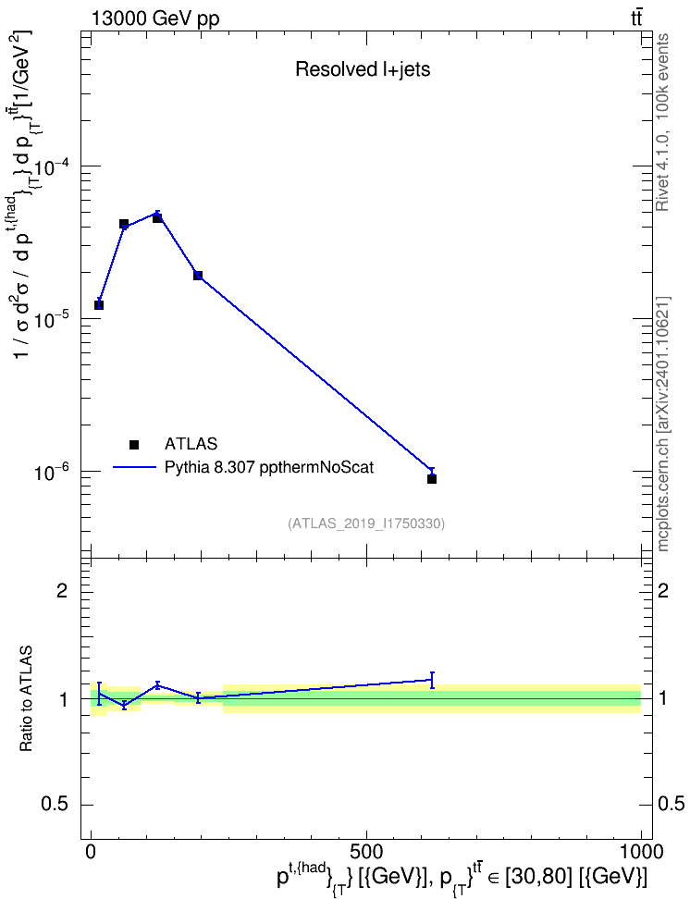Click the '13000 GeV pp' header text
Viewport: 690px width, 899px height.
click(154, 18)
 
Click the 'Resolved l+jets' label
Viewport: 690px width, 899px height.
click(363, 69)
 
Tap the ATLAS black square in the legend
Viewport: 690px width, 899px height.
click(134, 444)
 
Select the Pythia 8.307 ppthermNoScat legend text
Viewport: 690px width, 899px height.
click(269, 468)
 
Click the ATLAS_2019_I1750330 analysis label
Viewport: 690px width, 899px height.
click(366, 523)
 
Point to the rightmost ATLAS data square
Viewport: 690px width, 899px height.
click(432, 479)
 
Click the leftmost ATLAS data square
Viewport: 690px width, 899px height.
click(99, 305)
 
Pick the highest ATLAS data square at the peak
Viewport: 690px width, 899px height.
click(157, 218)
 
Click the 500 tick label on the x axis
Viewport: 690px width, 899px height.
click(366, 851)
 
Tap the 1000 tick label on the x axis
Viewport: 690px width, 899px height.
click(641, 851)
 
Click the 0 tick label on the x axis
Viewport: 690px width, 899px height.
click(91, 851)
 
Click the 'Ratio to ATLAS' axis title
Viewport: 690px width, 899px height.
click(26, 698)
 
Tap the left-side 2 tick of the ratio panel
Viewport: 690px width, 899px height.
click(62, 590)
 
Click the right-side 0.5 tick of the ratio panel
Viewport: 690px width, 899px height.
click(672, 804)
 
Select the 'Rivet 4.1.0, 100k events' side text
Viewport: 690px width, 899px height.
click(662, 122)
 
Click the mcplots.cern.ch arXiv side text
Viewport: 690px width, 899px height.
click(663, 424)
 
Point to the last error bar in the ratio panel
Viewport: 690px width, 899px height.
click(432, 680)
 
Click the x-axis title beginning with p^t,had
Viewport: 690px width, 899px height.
click(462, 877)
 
